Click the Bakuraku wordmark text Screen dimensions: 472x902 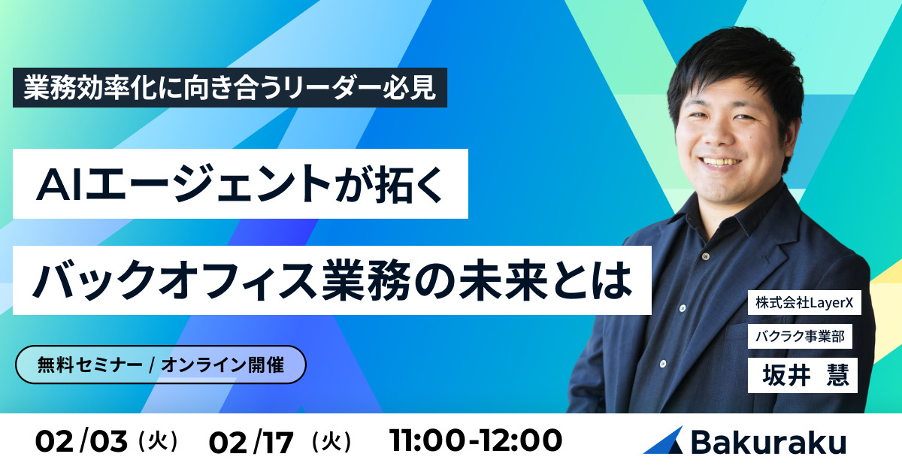[x=767, y=442]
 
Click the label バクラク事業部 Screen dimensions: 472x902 [x=800, y=337]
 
